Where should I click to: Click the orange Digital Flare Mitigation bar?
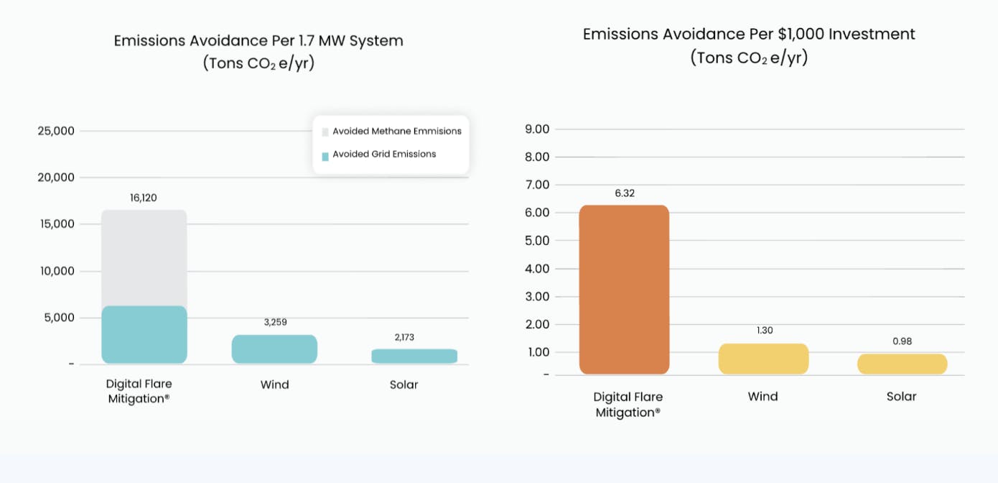point(624,290)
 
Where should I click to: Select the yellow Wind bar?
point(763,359)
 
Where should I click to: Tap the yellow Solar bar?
point(902,364)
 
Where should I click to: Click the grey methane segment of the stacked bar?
point(144,258)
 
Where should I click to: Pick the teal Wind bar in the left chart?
point(274,349)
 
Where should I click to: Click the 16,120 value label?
point(144,198)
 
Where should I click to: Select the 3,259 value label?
point(275,322)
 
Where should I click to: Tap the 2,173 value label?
point(404,337)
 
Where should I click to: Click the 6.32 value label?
point(625,193)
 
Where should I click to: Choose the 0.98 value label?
point(902,341)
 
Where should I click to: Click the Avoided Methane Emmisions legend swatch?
point(325,132)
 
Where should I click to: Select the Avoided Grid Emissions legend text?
point(384,154)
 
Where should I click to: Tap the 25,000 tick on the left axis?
point(56,131)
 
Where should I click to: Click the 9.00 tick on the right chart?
point(537,129)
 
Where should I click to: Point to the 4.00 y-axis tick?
point(537,269)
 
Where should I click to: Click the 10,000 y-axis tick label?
point(56,271)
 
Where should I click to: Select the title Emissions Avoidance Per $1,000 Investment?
point(749,34)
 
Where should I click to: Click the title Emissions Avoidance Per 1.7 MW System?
point(258,40)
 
